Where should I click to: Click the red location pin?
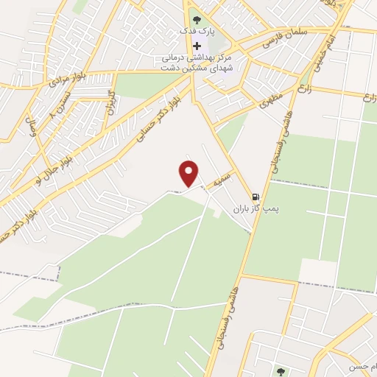point(189,172)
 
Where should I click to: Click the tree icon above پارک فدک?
point(196,18)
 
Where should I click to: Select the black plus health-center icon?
point(196,46)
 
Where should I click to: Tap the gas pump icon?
point(255,197)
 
